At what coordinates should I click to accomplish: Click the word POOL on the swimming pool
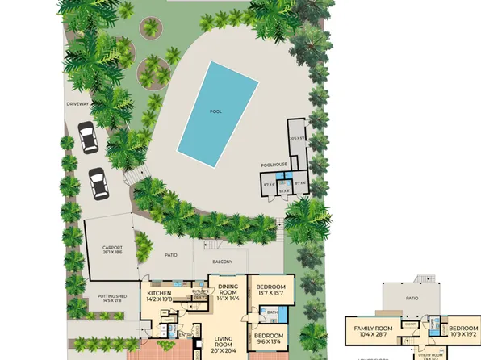click(x=215, y=113)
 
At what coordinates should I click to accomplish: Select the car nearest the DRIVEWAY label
click(x=86, y=136)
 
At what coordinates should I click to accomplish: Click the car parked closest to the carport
click(x=98, y=183)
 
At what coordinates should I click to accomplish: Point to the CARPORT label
click(x=111, y=248)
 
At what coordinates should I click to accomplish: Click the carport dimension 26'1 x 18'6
click(x=111, y=253)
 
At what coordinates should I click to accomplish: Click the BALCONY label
click(x=222, y=262)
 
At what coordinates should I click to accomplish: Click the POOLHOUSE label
click(x=274, y=164)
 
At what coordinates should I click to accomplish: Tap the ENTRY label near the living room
click(x=186, y=333)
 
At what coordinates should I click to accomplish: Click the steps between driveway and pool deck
click(x=133, y=177)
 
